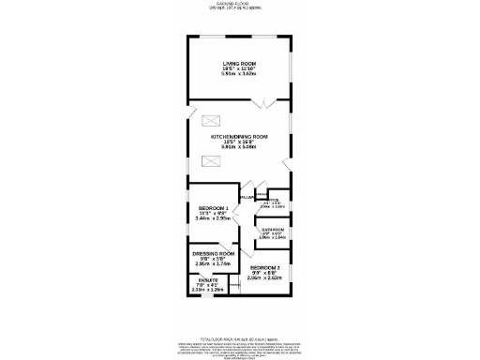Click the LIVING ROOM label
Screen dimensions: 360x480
(239, 63)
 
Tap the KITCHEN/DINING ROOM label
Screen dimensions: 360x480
(239, 136)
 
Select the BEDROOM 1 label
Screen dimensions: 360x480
(213, 207)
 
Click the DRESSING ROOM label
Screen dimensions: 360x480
(213, 253)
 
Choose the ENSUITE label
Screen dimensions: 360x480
(207, 281)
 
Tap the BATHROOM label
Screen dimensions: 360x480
(273, 230)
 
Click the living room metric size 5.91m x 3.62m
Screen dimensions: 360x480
(239, 74)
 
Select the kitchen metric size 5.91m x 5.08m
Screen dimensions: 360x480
(239, 147)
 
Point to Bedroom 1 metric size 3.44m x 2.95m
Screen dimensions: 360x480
(213, 218)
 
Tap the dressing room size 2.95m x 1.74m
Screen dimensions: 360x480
(213, 264)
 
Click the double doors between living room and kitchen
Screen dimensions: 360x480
(264, 103)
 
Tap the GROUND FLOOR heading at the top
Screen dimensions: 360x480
(239, 4)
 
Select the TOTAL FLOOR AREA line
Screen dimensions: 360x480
(239, 337)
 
